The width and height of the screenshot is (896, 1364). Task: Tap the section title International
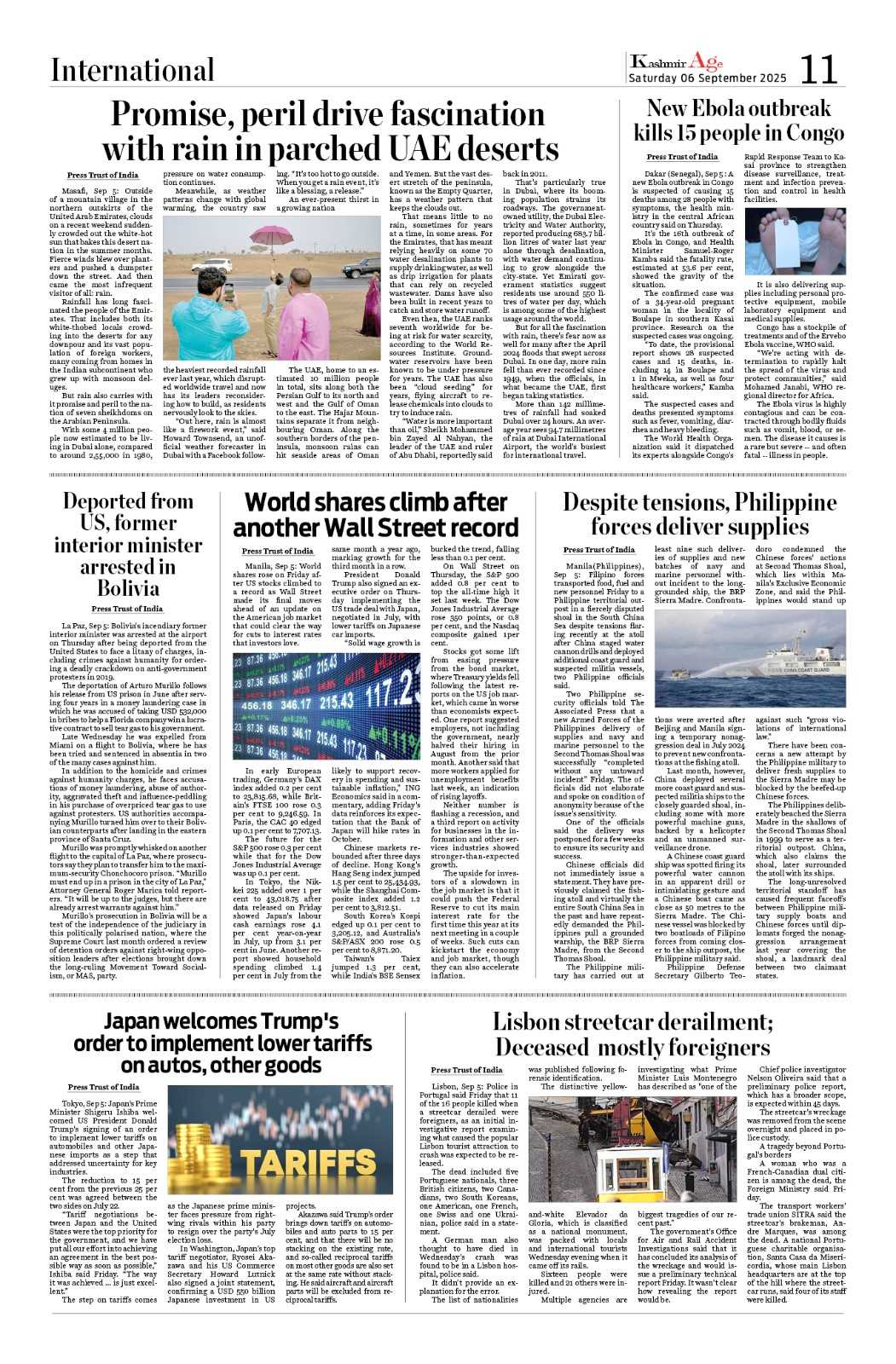pyautogui.click(x=132, y=70)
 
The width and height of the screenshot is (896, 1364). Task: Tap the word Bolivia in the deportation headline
pyautogui.click(x=128, y=588)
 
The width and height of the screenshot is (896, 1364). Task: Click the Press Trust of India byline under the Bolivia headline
pyautogui.click(x=127, y=609)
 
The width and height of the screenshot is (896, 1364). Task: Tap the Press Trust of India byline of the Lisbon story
pyautogui.click(x=466, y=1070)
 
